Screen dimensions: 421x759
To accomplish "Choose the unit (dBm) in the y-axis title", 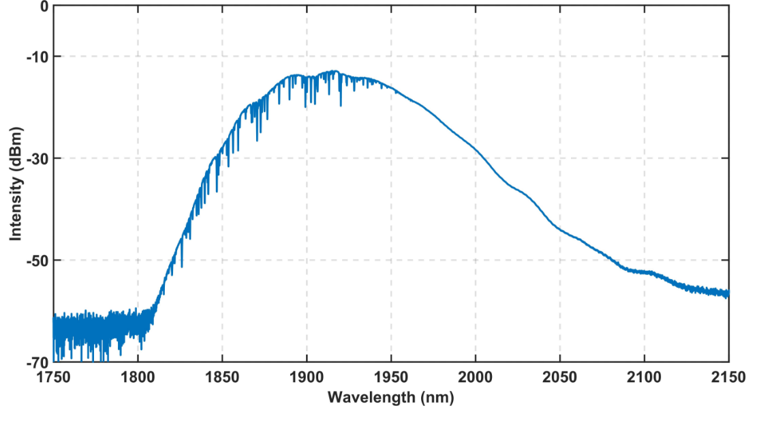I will click(16, 147).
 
